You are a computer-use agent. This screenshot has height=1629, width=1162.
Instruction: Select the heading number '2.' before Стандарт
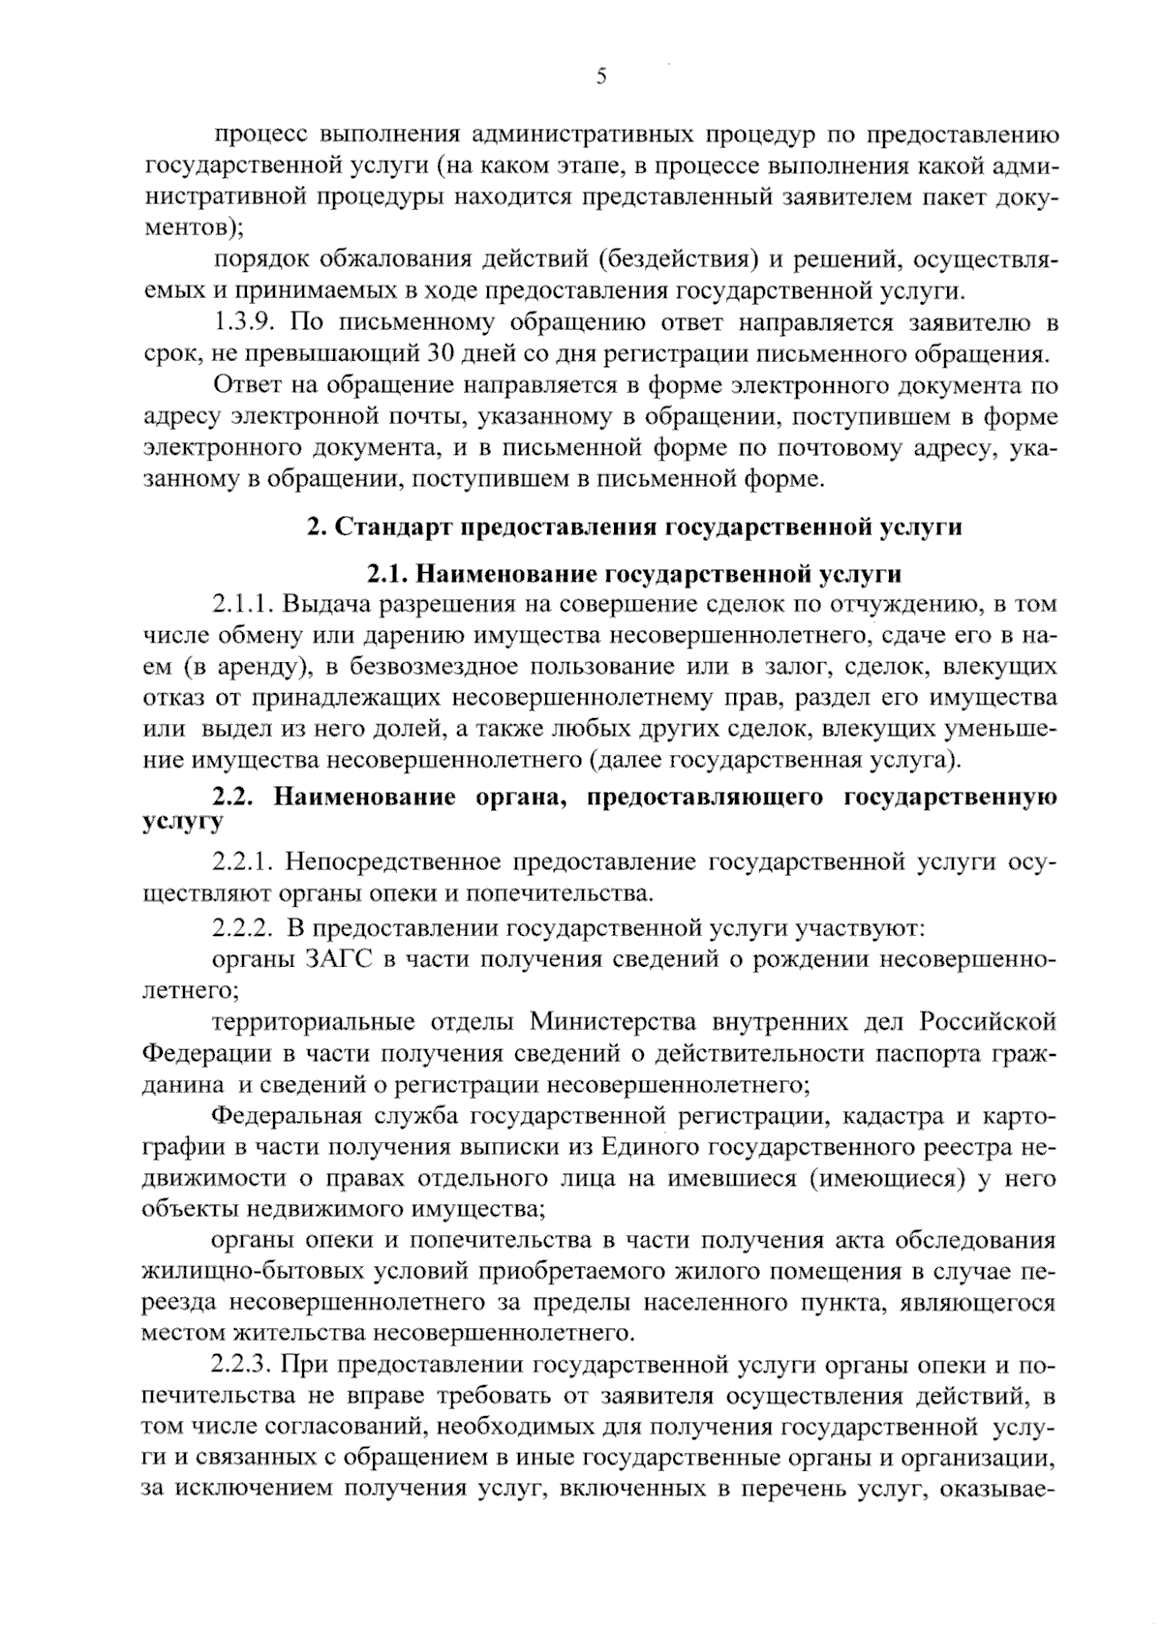[x=316, y=528]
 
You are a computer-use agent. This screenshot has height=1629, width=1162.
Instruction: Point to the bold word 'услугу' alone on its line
[x=183, y=822]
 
